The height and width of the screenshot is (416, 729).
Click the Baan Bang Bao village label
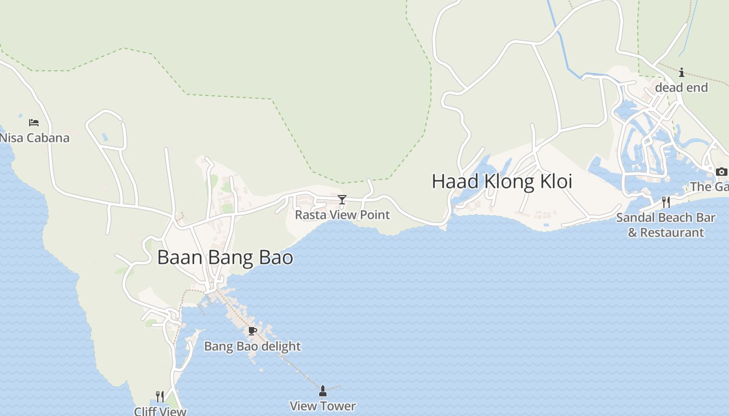(x=225, y=257)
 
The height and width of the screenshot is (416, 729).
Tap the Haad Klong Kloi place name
(x=501, y=181)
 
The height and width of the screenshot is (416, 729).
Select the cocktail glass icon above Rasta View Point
(x=342, y=200)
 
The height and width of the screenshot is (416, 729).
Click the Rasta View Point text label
(x=342, y=215)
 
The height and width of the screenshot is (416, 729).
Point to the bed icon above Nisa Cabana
(x=34, y=123)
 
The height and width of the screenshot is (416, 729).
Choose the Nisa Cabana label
(x=35, y=138)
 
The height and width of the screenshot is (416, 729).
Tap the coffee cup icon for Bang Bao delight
(x=253, y=331)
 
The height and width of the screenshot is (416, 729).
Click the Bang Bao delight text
(x=253, y=346)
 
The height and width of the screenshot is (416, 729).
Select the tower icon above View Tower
(x=323, y=391)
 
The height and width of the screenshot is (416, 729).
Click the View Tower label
(x=323, y=406)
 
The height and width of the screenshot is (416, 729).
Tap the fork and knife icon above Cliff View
(x=160, y=397)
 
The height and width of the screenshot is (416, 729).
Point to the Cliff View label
(x=160, y=411)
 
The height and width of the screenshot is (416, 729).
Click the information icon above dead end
(x=682, y=72)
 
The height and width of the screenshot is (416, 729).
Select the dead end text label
(x=682, y=88)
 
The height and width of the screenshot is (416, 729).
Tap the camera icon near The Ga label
(x=721, y=172)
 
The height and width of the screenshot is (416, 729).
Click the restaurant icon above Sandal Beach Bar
(x=666, y=202)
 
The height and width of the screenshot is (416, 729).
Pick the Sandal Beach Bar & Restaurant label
(x=666, y=225)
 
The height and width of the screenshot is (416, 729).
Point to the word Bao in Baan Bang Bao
(x=276, y=257)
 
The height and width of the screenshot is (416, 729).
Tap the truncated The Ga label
(x=709, y=187)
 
